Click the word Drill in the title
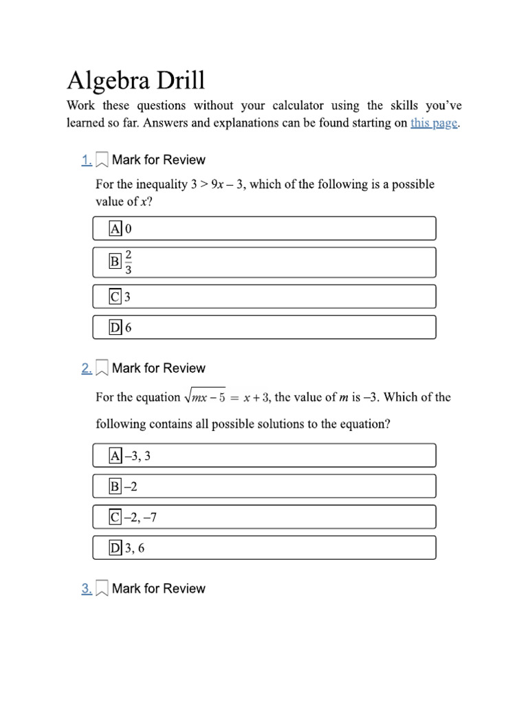point(173,80)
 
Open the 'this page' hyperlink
point(433,124)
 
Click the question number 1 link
point(86,160)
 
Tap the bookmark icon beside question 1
point(101,160)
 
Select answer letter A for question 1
point(115,228)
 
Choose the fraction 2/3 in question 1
point(129,261)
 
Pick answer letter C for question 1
point(115,297)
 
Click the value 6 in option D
point(128,328)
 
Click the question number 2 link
point(86,368)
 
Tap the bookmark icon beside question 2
point(101,369)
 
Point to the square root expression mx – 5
point(204,397)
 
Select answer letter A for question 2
point(115,455)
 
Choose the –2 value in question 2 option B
point(131,487)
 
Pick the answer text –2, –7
point(140,517)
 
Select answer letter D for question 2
point(115,548)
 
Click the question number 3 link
point(86,588)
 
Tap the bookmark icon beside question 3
point(101,589)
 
